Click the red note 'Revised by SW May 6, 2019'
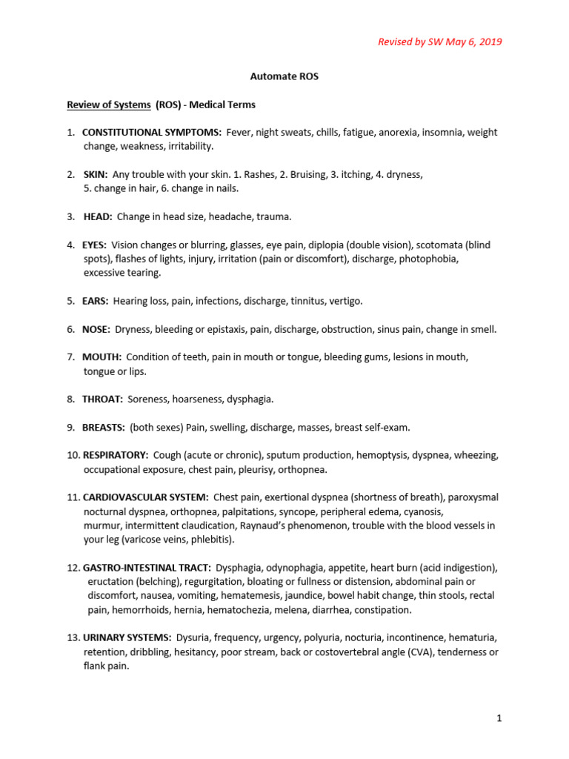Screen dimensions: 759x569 [440, 42]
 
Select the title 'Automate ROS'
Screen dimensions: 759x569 [284, 76]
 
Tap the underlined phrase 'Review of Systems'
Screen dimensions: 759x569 [109, 105]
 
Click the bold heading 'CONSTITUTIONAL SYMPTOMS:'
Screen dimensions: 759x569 [152, 132]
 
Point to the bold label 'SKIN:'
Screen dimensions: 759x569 [96, 174]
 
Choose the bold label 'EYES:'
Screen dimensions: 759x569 [95, 245]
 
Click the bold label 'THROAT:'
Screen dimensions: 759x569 [102, 399]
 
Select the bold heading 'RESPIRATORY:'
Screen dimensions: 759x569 [116, 454]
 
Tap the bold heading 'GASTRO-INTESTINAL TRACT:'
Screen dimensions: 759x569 [147, 568]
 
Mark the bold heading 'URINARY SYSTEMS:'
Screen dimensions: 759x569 [127, 637]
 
